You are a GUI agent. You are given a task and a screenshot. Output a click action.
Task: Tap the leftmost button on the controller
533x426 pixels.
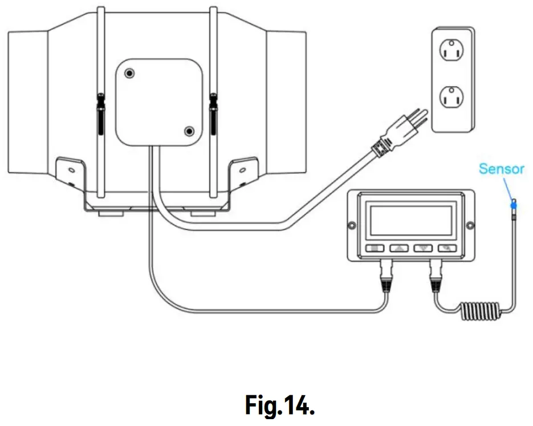[375, 248]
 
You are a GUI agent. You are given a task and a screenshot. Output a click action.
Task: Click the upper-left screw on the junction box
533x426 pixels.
[131, 74]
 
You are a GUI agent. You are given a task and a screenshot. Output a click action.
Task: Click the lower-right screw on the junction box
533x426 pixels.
[189, 132]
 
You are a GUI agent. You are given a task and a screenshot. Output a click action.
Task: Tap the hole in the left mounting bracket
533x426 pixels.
[70, 170]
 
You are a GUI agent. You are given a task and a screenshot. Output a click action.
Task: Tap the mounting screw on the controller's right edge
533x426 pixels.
[470, 226]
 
